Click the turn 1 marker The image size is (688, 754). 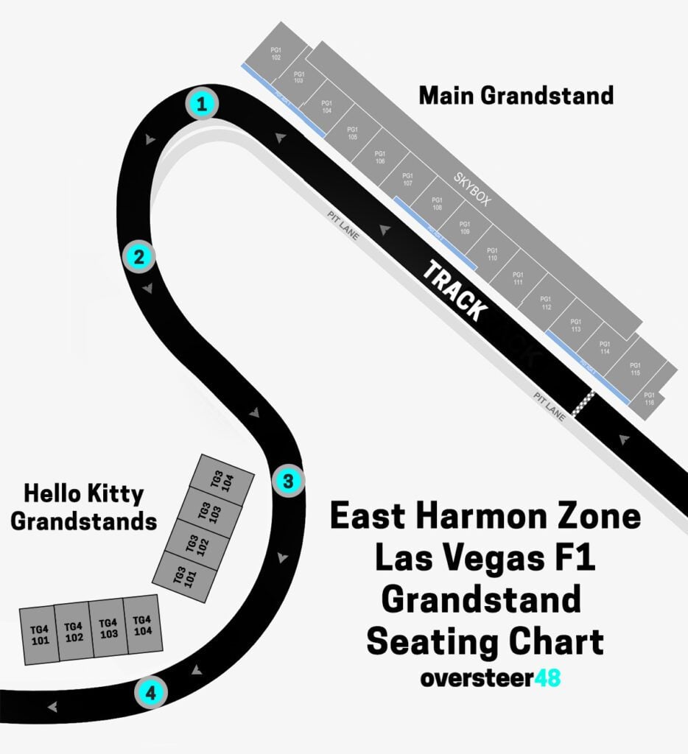200,104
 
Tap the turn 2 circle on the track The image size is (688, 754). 138,257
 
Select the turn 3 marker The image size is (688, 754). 288,482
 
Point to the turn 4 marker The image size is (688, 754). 151,693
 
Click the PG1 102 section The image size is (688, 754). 276,54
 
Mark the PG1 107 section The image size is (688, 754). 407,179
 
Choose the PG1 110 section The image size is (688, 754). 492,254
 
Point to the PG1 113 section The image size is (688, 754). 575,325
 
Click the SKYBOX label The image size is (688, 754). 471,190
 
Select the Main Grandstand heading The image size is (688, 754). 516,96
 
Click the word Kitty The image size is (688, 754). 113,493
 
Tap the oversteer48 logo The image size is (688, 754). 490,677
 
